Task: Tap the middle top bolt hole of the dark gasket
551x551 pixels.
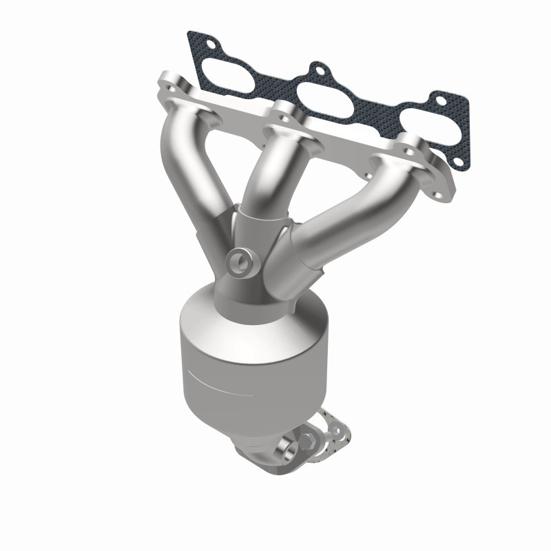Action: tap(318, 70)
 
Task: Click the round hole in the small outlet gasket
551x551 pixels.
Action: tap(337, 429)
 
